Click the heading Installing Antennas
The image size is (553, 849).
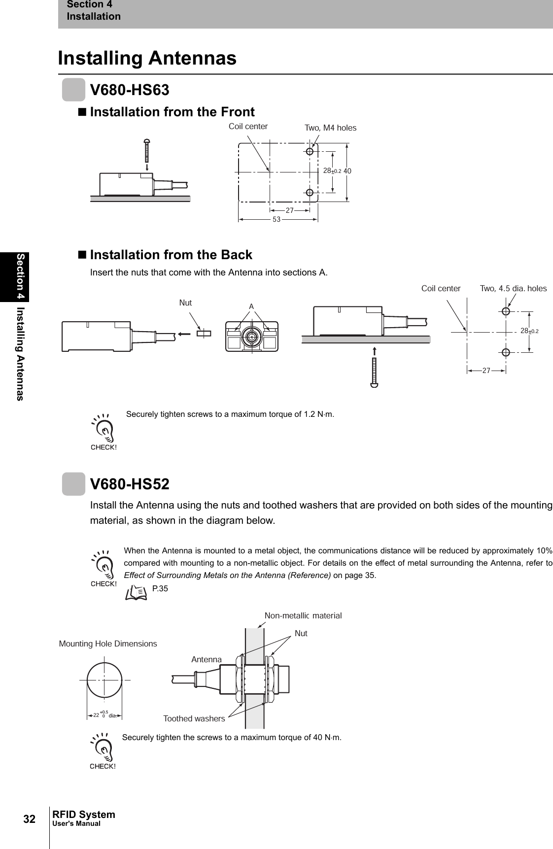point(147,58)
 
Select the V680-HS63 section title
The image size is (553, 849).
point(129,90)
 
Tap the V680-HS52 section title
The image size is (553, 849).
point(129,484)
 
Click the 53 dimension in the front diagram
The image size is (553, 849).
point(276,219)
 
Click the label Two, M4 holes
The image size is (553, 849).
point(330,128)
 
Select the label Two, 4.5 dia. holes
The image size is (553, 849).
point(513,289)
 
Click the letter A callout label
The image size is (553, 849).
point(251,306)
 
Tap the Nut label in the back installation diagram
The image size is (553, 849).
point(185,303)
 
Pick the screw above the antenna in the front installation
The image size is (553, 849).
point(147,150)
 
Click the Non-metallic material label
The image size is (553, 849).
point(303,615)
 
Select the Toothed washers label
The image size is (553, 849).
point(194,718)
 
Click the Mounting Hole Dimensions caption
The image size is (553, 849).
point(108,644)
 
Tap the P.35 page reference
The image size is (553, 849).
point(160,588)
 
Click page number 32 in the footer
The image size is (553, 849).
point(30,819)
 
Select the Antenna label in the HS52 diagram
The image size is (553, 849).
point(207,659)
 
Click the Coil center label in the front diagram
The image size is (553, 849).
point(248,126)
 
